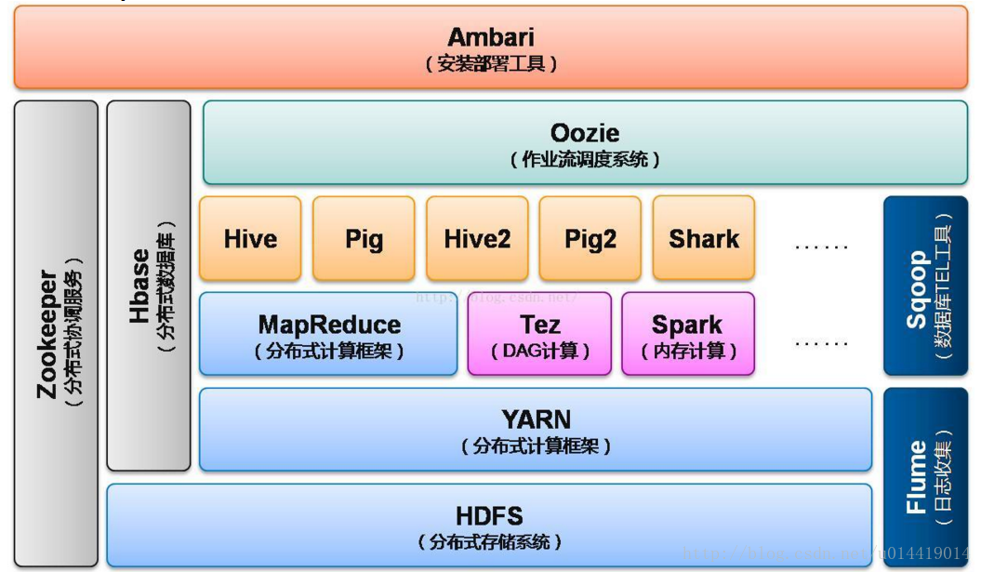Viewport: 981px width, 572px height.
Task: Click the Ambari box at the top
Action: tap(491, 48)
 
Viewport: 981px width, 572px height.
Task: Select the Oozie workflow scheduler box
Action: tap(585, 143)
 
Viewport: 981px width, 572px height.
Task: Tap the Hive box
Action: tap(250, 238)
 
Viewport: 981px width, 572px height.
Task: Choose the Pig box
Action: tap(364, 238)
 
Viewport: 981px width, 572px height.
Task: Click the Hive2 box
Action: tap(477, 238)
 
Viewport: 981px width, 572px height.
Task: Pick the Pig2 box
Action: tap(590, 238)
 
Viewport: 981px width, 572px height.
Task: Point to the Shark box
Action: tap(704, 238)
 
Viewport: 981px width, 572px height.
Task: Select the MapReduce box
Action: tap(328, 334)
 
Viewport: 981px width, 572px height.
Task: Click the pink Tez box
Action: tap(539, 334)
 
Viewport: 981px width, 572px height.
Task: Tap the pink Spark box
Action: tap(688, 334)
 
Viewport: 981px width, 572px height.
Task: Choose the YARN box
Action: tap(536, 430)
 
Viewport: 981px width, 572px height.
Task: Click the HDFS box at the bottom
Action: tap(489, 526)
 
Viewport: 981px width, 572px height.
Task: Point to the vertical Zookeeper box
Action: tap(56, 334)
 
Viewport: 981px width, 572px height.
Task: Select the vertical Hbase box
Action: tap(149, 286)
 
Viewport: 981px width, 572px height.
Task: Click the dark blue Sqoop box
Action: tap(925, 286)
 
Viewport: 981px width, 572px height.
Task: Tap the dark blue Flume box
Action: tap(925, 477)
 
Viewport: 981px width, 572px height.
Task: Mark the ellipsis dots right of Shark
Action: tap(822, 246)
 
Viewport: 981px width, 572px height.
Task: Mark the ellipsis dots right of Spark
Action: tap(822, 342)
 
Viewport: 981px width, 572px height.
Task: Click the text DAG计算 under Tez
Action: tap(540, 351)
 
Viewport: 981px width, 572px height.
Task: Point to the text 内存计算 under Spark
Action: tap(689, 351)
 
